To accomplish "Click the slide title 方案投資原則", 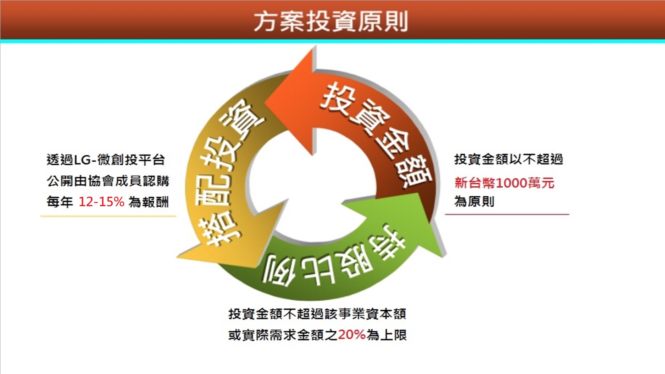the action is click(331, 22).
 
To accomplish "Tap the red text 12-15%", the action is click(101, 202).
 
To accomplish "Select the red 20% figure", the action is click(352, 335).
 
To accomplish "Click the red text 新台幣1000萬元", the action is click(504, 183).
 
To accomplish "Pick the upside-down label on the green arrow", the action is click(332, 261).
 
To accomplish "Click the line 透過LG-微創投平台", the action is click(106, 160).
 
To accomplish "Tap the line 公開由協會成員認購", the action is click(108, 181).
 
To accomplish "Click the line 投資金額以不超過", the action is click(508, 160).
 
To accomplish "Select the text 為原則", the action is click(474, 201).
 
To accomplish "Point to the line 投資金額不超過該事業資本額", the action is click(317, 314).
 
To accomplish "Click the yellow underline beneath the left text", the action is click(108, 217).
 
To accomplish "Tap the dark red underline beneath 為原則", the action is click(507, 214).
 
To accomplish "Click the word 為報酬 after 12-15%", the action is click(149, 202).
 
